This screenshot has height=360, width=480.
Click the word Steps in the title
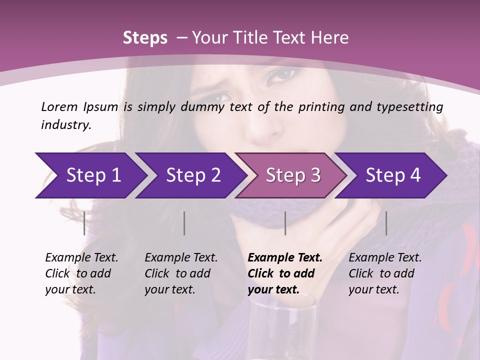145,38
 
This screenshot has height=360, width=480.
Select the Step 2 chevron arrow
193,175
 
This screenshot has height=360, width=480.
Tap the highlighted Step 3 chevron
293,175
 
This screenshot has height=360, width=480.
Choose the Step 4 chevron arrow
393,175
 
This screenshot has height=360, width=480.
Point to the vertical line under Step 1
84,223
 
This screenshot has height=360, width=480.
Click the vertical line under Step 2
184,223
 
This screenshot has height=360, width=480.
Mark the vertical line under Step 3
285,223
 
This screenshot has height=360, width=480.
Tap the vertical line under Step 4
386,223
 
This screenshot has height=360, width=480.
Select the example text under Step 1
81,273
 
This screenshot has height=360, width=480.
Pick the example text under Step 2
181,273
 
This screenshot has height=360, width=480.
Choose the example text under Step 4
385,273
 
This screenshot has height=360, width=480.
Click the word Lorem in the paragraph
59,106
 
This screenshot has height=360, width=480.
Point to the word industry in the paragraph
66,125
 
